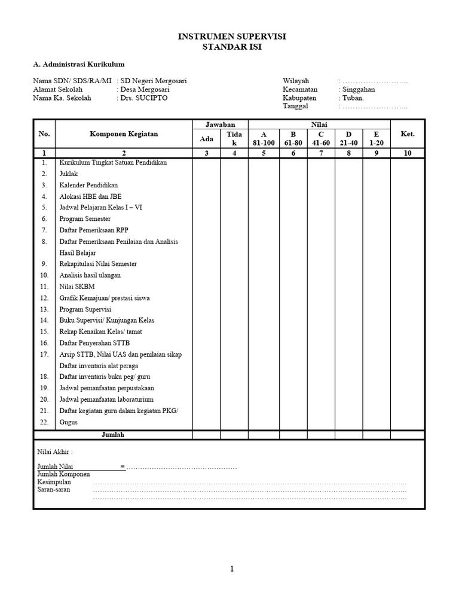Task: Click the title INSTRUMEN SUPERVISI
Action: (x=232, y=37)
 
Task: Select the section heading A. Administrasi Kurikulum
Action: (x=78, y=65)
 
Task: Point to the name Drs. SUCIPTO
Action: (x=144, y=98)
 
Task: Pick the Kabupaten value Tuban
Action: (x=353, y=98)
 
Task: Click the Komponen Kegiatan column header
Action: (x=124, y=134)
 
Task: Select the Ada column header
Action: (x=206, y=138)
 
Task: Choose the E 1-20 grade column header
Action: (x=377, y=138)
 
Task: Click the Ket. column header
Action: (x=408, y=134)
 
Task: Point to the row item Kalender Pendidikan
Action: (x=88, y=185)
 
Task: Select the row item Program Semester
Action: (x=85, y=219)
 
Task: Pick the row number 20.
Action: (x=44, y=399)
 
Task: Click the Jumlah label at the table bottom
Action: (x=112, y=435)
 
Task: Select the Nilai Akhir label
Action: (x=55, y=453)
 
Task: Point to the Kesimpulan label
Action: (x=54, y=482)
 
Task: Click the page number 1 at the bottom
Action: (x=232, y=569)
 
